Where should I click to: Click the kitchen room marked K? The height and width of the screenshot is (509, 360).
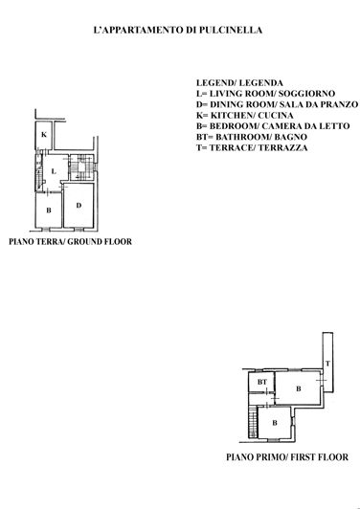coord(44,137)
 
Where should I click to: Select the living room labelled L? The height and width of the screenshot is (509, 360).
coord(54,172)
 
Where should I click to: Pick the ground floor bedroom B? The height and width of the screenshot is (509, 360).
coord(47,210)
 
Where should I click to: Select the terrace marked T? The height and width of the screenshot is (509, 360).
coord(326,364)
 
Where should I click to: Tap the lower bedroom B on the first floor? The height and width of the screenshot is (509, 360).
coord(275,422)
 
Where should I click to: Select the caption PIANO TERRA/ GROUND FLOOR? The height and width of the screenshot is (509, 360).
coord(70,242)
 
